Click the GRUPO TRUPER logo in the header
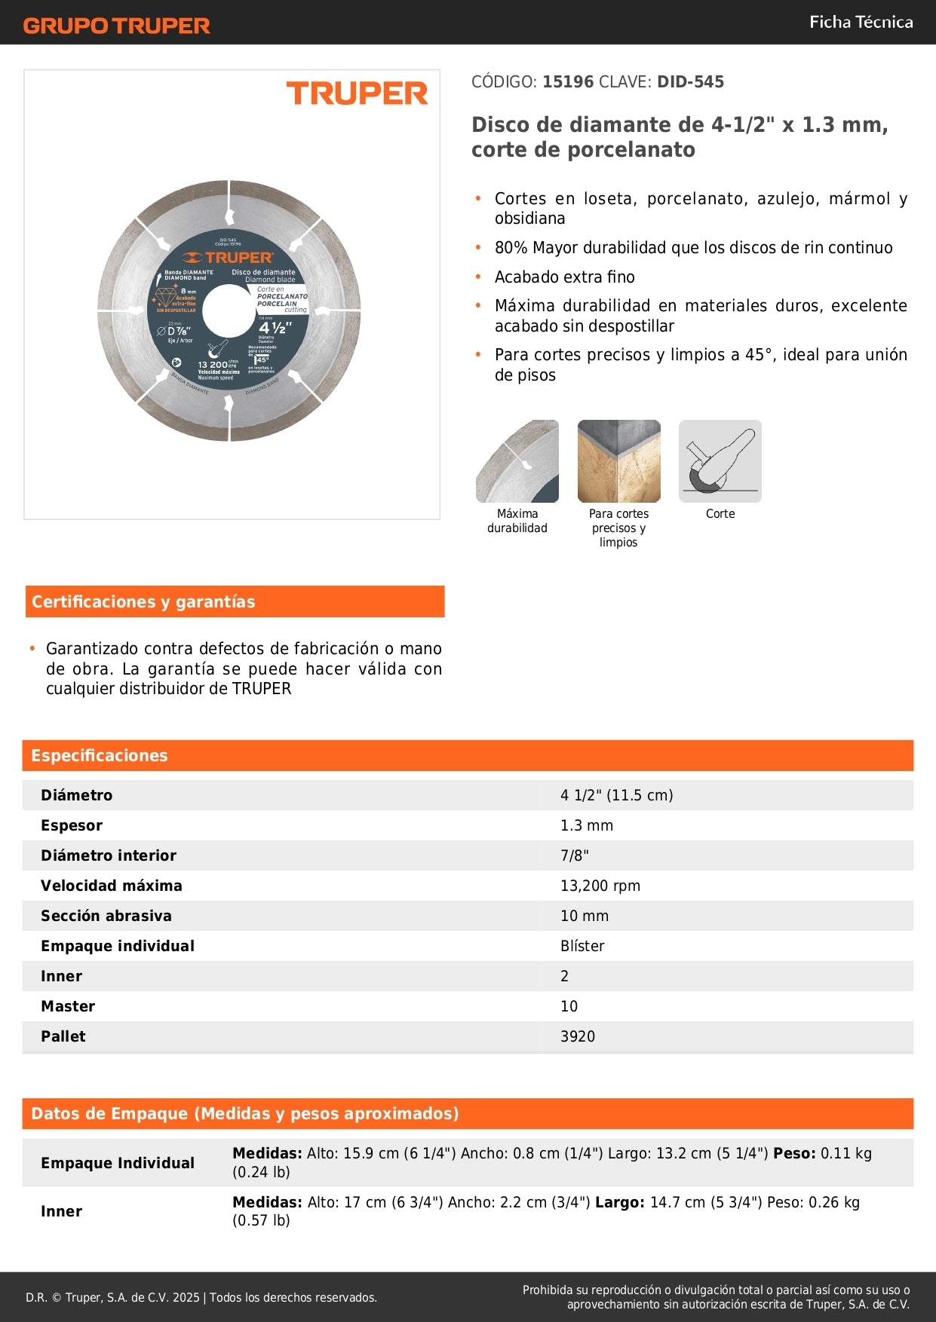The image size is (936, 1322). point(116,26)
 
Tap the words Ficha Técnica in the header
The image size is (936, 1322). point(861,22)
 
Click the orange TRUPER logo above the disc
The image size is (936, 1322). point(357,93)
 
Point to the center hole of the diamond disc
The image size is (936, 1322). point(229,311)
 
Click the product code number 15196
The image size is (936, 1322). point(568,81)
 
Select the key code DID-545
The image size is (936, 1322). point(690,81)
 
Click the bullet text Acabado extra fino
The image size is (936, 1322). point(564,277)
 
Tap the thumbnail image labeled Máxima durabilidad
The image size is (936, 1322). point(517,461)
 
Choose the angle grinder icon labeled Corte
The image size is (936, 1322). point(720,461)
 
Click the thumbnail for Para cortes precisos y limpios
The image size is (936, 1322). point(618,461)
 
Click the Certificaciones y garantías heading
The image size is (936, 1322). point(143,601)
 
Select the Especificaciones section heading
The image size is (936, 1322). point(100,755)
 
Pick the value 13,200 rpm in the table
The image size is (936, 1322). point(600,886)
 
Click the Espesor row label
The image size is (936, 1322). point(72,825)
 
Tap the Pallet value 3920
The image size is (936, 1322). point(577,1036)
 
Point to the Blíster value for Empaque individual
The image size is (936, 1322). point(582,946)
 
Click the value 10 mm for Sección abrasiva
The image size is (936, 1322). point(584,916)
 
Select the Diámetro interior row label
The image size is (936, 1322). point(109,855)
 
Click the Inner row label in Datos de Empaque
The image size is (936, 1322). point(61,1211)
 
